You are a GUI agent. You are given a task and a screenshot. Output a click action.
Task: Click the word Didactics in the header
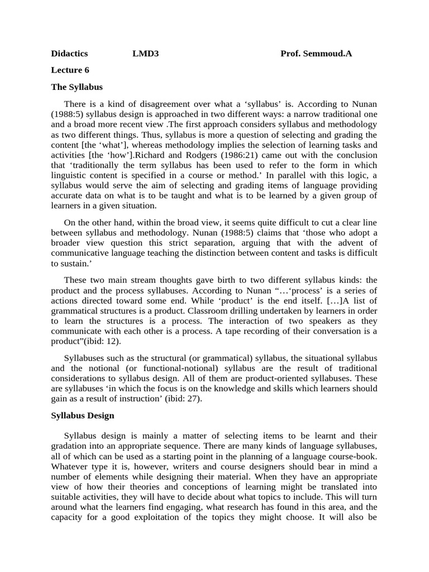[x=69, y=54]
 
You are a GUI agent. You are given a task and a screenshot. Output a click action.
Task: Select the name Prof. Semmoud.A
[x=316, y=54]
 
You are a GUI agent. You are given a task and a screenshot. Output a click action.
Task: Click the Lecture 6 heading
[x=70, y=70]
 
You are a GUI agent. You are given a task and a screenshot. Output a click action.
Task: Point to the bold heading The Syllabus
[x=77, y=87]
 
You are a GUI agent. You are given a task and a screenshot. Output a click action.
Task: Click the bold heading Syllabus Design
[x=83, y=416]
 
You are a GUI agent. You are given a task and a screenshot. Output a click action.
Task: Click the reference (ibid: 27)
[x=183, y=399]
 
